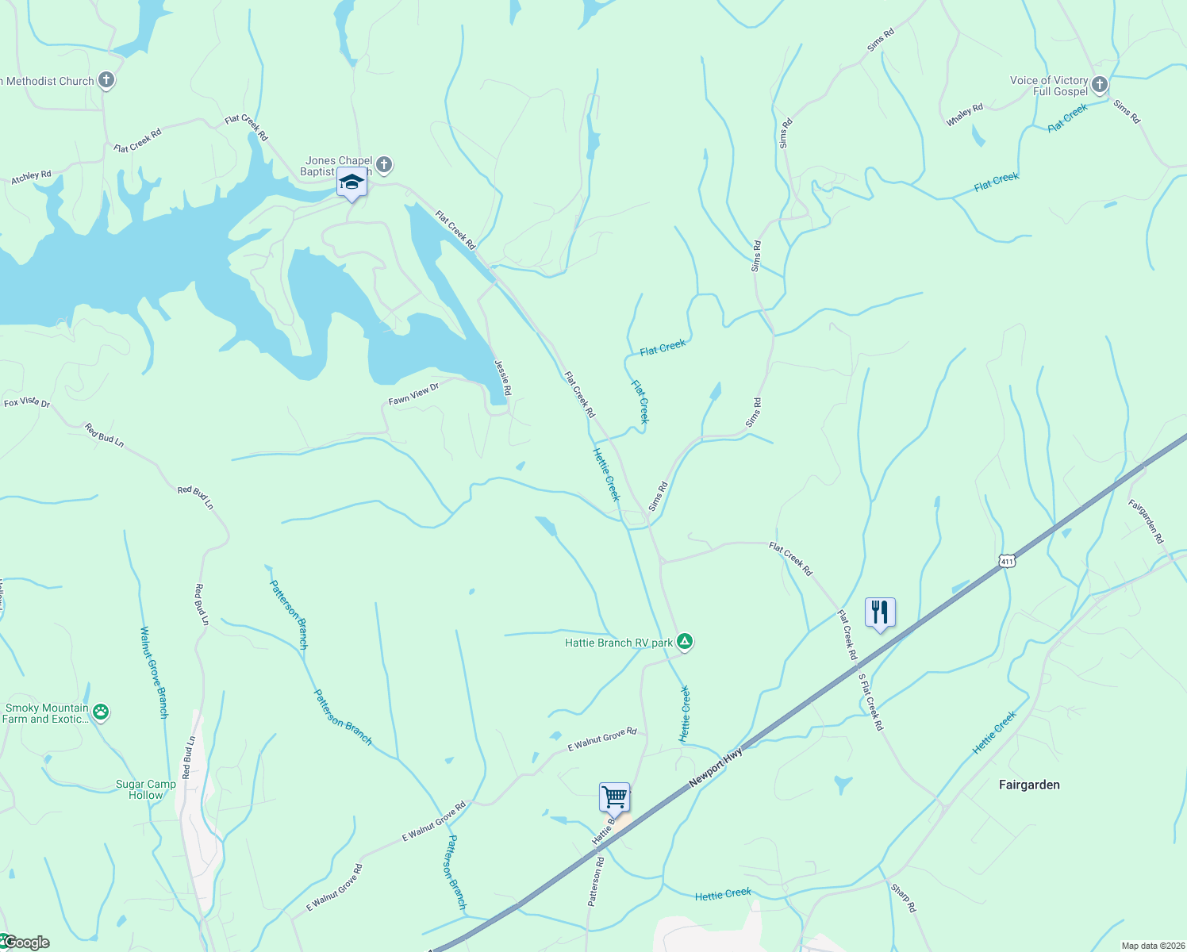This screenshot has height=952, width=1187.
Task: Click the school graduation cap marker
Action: [x=351, y=183]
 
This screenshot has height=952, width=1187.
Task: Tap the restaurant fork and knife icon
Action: [x=880, y=612]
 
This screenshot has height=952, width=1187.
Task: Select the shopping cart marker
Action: [x=614, y=797]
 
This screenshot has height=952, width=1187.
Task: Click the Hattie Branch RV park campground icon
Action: [x=685, y=642]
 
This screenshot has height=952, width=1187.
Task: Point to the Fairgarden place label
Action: [x=1029, y=785]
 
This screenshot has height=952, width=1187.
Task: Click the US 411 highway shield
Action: [x=1007, y=561]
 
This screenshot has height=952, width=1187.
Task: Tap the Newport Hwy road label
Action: [x=716, y=767]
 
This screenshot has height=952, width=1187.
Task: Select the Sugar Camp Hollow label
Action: [x=146, y=789]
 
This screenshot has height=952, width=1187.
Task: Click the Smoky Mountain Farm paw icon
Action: [x=101, y=712]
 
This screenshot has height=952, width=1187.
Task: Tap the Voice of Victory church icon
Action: [x=1099, y=85]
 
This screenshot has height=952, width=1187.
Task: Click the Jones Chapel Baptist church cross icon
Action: [x=384, y=165]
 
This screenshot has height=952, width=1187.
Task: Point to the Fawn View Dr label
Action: [x=413, y=394]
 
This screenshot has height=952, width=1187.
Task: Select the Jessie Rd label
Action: [x=503, y=378]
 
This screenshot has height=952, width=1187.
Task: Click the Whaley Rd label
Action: [x=965, y=115]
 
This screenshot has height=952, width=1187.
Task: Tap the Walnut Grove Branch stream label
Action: [x=154, y=673]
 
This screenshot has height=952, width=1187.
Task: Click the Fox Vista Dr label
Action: [x=27, y=403]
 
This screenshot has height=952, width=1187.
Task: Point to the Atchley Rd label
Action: [x=31, y=177]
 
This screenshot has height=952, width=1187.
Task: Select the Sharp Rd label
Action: [x=903, y=897]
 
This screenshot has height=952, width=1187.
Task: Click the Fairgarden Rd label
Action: [x=1146, y=520]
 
